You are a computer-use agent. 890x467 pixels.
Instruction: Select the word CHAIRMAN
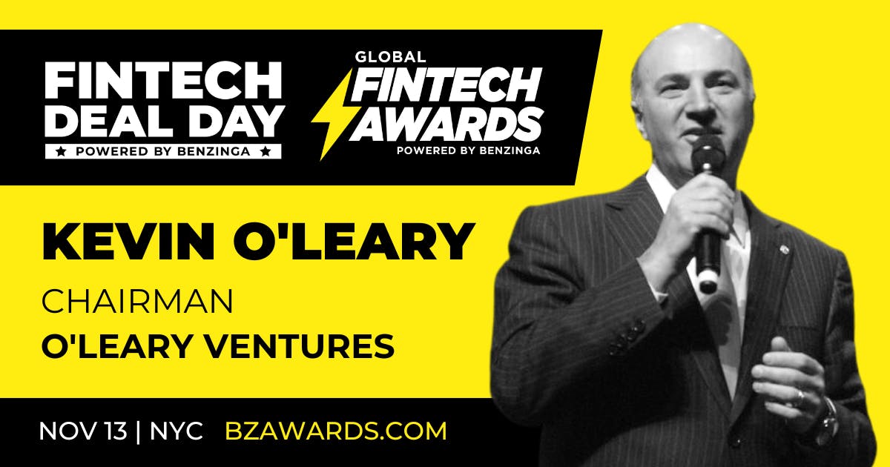coord(137,302)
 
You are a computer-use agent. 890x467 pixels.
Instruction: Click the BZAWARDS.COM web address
coord(335,431)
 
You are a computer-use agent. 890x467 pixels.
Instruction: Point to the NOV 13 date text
coord(82,431)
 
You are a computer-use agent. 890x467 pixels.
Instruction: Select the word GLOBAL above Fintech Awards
coord(390,57)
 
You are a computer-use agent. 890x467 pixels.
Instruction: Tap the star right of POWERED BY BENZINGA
coord(272,150)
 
